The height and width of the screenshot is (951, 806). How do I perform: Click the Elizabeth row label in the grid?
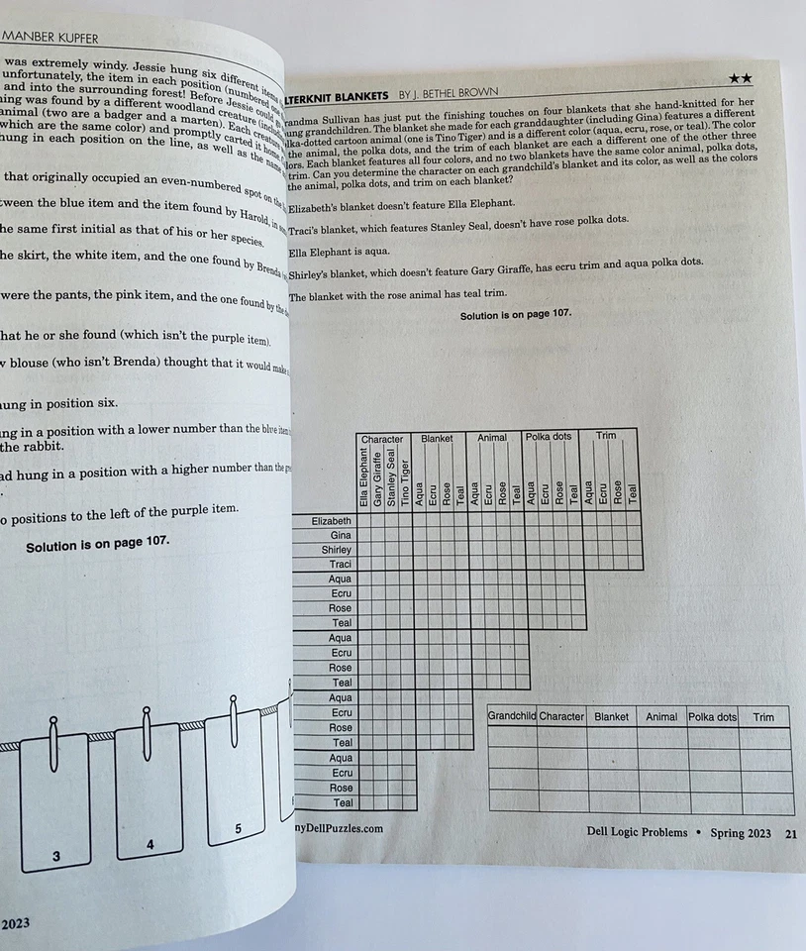pos(331,520)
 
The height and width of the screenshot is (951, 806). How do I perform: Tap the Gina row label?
pos(341,535)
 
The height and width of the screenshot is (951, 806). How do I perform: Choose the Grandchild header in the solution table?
pos(512,716)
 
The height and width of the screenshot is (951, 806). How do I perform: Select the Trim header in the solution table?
pos(763,716)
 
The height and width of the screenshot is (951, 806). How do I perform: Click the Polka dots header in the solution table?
pos(713,716)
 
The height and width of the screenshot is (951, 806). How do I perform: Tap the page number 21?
pos(790,833)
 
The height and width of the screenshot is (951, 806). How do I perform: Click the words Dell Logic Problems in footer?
pos(637,832)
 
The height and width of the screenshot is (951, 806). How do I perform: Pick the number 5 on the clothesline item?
pos(238,828)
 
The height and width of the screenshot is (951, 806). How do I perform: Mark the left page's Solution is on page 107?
pos(97,543)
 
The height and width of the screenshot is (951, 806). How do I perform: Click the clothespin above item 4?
pos(147,728)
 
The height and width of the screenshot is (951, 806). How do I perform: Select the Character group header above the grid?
pos(382,437)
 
